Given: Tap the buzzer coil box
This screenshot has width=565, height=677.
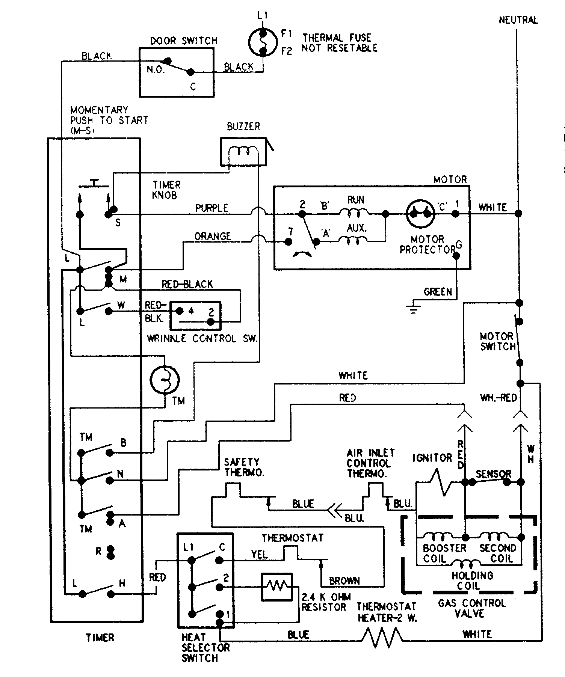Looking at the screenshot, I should tap(243, 152).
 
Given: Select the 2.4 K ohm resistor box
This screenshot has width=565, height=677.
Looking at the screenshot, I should tap(276, 587).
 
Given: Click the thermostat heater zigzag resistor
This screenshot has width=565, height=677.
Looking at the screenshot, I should tap(382, 635).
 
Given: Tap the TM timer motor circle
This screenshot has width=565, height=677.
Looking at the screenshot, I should tap(165, 380).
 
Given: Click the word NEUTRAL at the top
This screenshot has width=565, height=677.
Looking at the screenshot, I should tap(518, 20).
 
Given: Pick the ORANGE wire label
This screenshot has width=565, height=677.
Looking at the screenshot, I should tap(213, 236).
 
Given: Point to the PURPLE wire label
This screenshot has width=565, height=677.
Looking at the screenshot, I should tap(211, 208).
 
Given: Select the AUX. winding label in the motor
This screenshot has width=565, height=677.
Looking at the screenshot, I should tap(357, 228).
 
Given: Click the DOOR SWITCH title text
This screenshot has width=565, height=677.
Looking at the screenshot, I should tap(184, 41).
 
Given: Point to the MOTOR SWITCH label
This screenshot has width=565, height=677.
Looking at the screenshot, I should tap(497, 341).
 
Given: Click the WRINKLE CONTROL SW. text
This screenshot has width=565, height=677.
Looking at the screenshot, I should tap(202, 338).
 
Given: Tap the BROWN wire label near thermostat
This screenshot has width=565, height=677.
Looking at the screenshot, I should tap(344, 581).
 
